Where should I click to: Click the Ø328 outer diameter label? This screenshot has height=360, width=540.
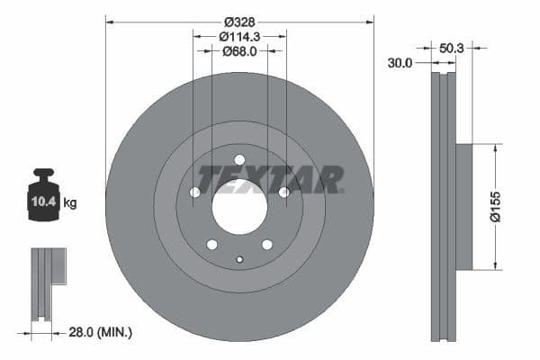239,20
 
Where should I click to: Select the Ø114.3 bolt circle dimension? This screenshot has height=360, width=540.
239,36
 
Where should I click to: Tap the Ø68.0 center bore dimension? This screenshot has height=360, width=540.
239,51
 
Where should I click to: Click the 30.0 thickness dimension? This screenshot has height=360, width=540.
400,63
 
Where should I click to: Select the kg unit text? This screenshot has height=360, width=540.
70,202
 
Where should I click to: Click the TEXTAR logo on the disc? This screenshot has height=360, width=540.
270,179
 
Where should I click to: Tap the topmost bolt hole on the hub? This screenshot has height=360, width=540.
239,160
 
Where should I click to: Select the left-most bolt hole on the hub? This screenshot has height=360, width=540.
194,192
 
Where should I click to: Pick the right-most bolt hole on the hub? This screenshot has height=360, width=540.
284,192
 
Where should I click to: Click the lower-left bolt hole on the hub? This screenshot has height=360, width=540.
211,245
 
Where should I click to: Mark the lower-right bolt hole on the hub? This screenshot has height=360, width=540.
267,245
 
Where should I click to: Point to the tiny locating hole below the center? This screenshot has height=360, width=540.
239,260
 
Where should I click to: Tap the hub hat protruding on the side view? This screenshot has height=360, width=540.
463,206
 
